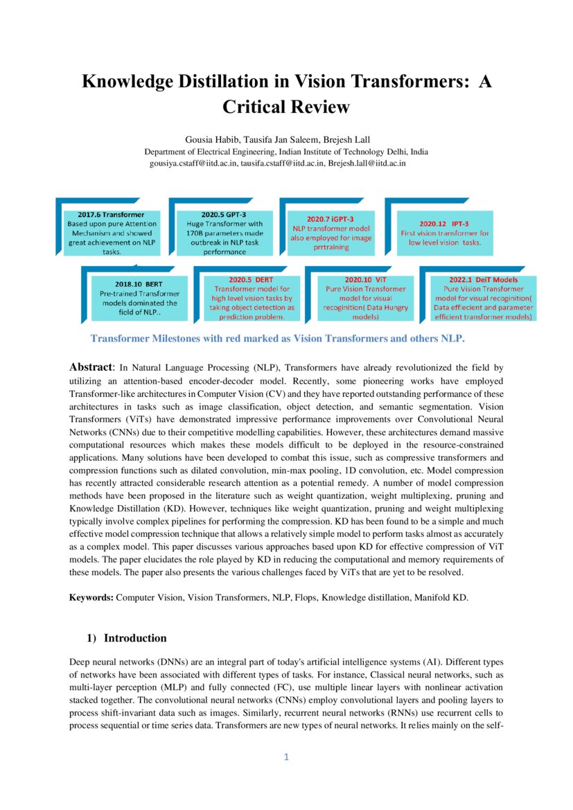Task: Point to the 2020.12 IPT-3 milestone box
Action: (445, 229)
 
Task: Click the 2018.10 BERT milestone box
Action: (139, 298)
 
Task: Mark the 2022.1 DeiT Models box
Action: (483, 298)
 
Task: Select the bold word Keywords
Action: (91, 597)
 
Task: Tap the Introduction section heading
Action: (135, 637)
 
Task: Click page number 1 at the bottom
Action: (286, 757)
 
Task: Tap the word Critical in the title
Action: (258, 107)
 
